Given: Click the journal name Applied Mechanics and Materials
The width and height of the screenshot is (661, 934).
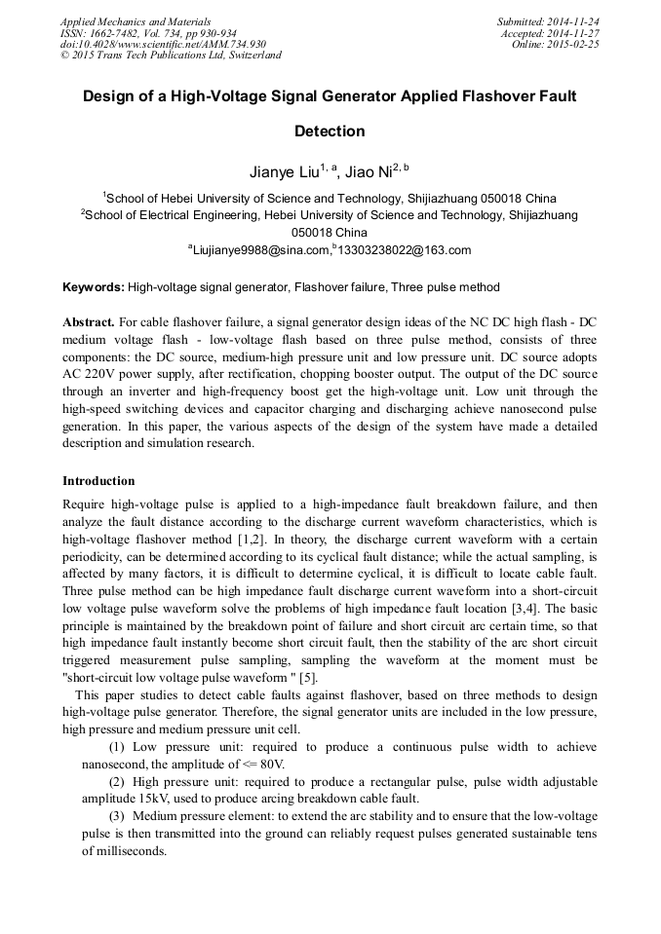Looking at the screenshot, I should click(x=136, y=21).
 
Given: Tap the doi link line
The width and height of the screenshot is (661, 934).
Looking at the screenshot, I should click(x=163, y=45).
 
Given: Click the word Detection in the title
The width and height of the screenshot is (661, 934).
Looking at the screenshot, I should click(x=330, y=131).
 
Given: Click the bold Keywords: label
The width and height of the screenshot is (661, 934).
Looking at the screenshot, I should click(x=94, y=288).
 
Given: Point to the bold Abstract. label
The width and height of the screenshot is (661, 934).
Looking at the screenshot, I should click(x=89, y=321).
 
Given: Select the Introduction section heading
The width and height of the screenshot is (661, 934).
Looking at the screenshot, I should click(x=98, y=481).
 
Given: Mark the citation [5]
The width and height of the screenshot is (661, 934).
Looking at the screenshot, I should click(x=307, y=678).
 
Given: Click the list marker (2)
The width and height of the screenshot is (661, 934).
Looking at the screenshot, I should click(x=117, y=782).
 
